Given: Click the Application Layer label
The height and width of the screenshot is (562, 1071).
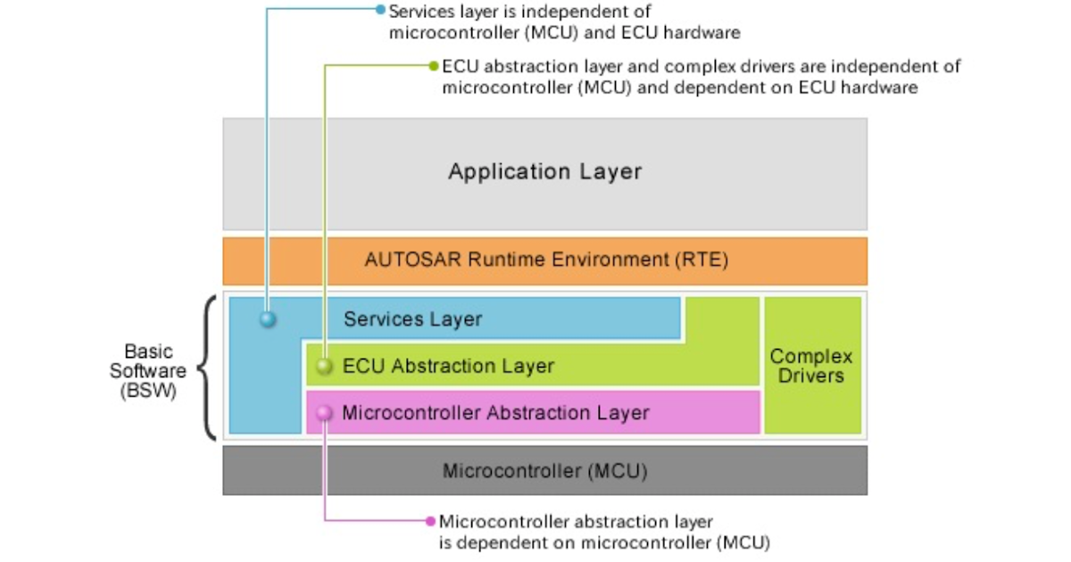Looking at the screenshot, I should tap(544, 171).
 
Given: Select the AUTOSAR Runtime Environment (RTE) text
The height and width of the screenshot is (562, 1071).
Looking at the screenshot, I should tap(546, 260).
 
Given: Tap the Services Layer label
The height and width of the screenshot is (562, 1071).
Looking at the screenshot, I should tap(412, 318).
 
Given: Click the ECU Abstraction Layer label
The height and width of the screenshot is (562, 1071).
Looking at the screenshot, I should tap(448, 366).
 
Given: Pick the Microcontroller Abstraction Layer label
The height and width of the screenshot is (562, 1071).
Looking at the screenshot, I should tap(495, 413).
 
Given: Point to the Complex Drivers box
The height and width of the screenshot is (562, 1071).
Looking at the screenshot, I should tap(811, 366).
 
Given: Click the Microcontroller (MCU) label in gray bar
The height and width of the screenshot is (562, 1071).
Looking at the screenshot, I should tap(544, 470).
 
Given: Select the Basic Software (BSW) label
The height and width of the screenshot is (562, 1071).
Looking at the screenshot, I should tap(149, 371).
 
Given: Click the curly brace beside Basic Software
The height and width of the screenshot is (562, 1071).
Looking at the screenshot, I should tap(207, 368).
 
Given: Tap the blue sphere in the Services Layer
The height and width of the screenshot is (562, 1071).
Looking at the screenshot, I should tap(268, 318).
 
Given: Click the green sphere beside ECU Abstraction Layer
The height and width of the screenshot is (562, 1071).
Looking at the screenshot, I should tap(325, 367).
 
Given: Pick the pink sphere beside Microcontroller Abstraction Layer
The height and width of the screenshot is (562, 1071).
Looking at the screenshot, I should tap(325, 413).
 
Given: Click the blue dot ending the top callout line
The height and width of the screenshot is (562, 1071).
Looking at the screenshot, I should tap(380, 11).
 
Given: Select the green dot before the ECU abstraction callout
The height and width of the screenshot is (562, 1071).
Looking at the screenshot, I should tap(434, 66).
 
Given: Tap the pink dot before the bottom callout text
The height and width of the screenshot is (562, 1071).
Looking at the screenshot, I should tap(431, 521).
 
